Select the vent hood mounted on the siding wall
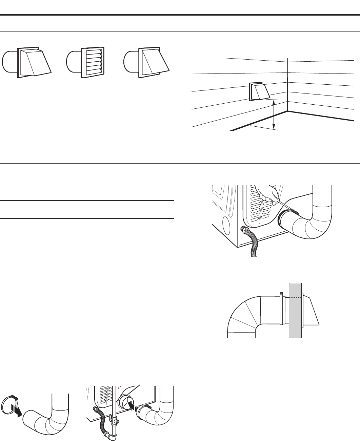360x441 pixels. click(x=259, y=91)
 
